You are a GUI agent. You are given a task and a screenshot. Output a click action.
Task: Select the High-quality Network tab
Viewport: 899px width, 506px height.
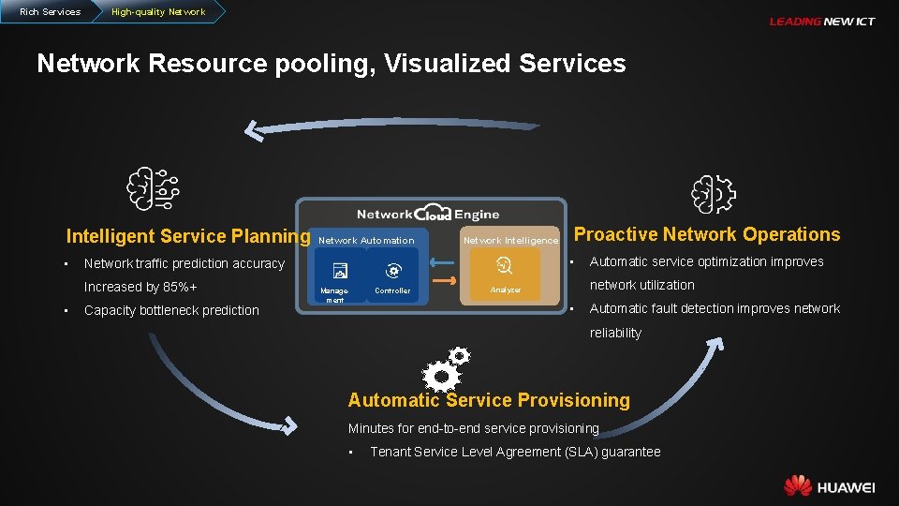pos(157,11)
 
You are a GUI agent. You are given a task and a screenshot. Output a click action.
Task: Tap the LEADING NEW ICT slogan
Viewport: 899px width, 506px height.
pos(821,22)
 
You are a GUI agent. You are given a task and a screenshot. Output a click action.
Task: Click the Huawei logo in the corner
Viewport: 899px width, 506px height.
pos(829,486)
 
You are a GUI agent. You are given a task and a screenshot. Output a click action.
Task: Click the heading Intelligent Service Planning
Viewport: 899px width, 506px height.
pos(187,236)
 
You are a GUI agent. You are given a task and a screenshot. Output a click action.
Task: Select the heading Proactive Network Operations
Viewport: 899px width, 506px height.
pos(707,234)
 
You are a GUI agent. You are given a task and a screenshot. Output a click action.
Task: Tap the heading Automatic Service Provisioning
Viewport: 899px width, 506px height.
pos(489,400)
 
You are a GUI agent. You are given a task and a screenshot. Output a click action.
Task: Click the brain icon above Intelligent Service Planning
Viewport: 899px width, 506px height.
pos(153,188)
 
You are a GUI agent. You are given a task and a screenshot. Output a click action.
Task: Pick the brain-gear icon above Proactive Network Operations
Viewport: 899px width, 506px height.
pos(714,195)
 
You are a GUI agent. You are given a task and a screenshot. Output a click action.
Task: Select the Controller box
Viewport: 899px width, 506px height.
pos(393,275)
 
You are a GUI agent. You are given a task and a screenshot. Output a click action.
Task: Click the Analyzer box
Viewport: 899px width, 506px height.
pos(506,274)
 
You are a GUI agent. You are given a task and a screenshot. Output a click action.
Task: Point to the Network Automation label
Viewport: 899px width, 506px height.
pos(366,241)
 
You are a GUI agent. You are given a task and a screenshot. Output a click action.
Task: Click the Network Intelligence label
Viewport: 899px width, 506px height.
pos(510,241)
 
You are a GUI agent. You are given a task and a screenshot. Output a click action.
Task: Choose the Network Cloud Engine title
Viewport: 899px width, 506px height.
pos(428,214)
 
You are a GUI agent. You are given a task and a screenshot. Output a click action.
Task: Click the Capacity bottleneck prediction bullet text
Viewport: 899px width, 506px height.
pos(171,310)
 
